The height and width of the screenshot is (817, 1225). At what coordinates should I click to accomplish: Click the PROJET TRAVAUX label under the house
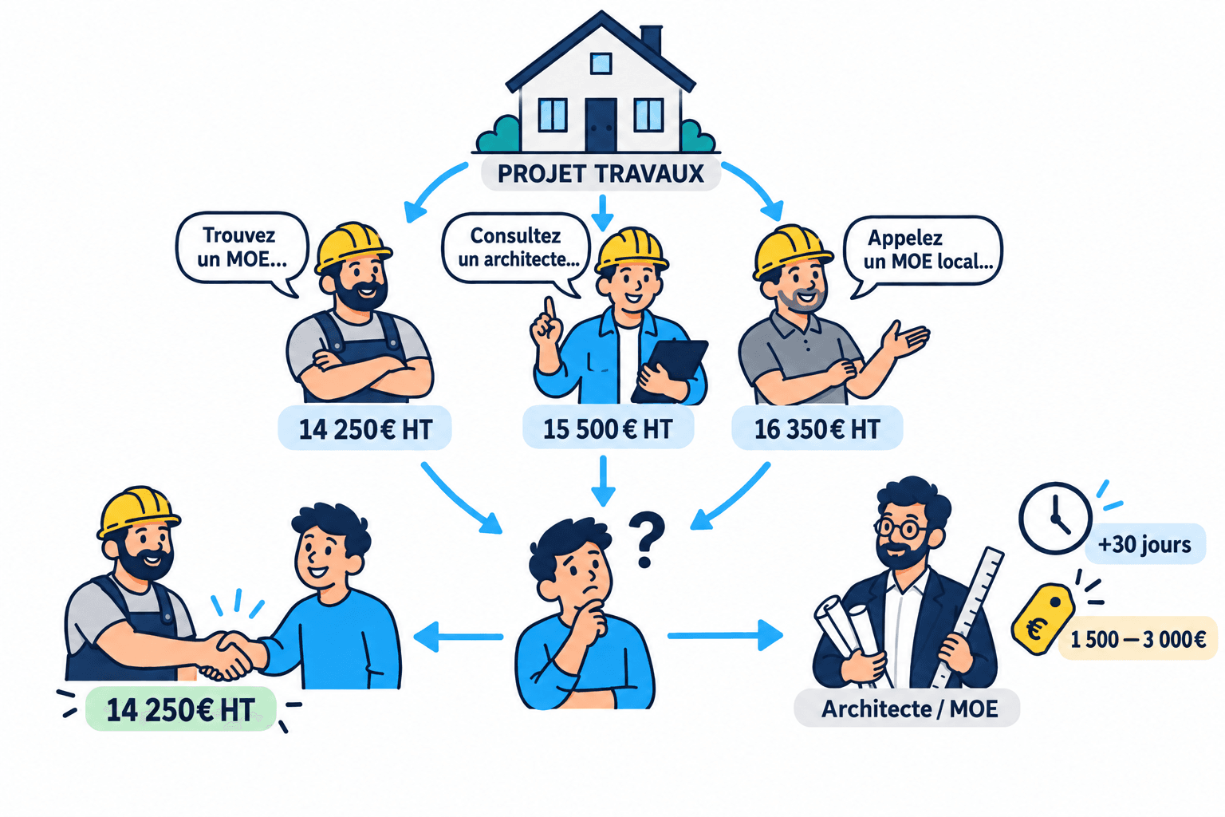pos(601,173)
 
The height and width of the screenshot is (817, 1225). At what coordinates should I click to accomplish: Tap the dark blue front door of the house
pos(601,124)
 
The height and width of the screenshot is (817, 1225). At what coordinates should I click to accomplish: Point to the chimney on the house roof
pos(651,39)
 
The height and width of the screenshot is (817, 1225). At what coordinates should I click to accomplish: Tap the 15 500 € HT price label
pos(608,428)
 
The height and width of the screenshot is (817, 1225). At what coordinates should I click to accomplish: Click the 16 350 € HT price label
pos(817,428)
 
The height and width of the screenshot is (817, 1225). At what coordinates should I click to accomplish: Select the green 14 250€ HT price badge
pos(180,709)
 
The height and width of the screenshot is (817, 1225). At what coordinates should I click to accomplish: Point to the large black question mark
pos(647,539)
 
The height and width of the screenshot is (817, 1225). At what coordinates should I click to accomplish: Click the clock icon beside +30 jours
pos(1055,518)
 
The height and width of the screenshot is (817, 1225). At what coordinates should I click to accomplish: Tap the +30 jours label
pos(1144,544)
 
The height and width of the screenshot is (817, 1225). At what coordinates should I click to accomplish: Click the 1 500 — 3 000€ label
pos(1137,638)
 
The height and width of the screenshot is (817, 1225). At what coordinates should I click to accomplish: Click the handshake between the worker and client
pos(228,655)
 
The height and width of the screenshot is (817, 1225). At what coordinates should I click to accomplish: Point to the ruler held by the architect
pos(969,617)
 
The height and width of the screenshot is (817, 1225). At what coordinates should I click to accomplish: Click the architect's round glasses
pos(900,528)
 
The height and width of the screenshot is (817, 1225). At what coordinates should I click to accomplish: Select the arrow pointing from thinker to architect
pos(725,635)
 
